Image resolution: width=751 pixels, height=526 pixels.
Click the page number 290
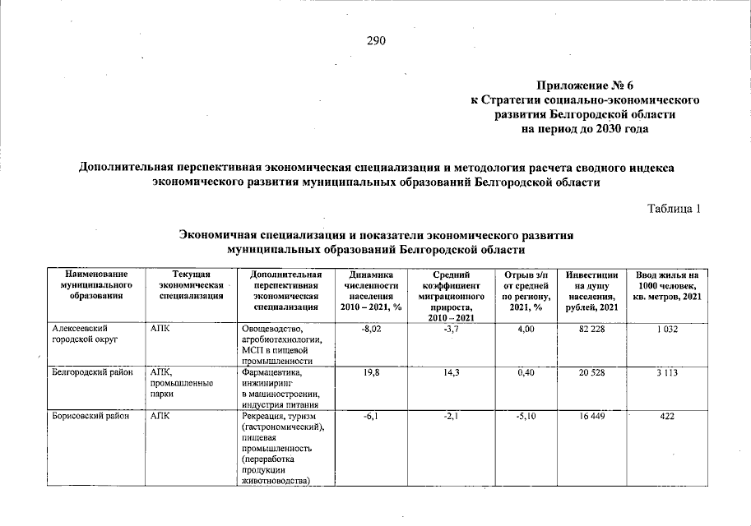tap(376, 41)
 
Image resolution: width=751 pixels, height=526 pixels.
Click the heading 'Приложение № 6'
tap(585, 85)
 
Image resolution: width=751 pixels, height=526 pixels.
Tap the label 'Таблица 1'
tap(673, 208)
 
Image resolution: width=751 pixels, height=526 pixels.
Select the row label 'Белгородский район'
tap(92, 372)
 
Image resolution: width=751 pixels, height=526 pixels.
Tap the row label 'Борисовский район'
tap(90, 417)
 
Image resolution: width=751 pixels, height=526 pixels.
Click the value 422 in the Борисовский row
tap(667, 417)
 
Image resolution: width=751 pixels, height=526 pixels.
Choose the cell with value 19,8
tap(374, 372)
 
